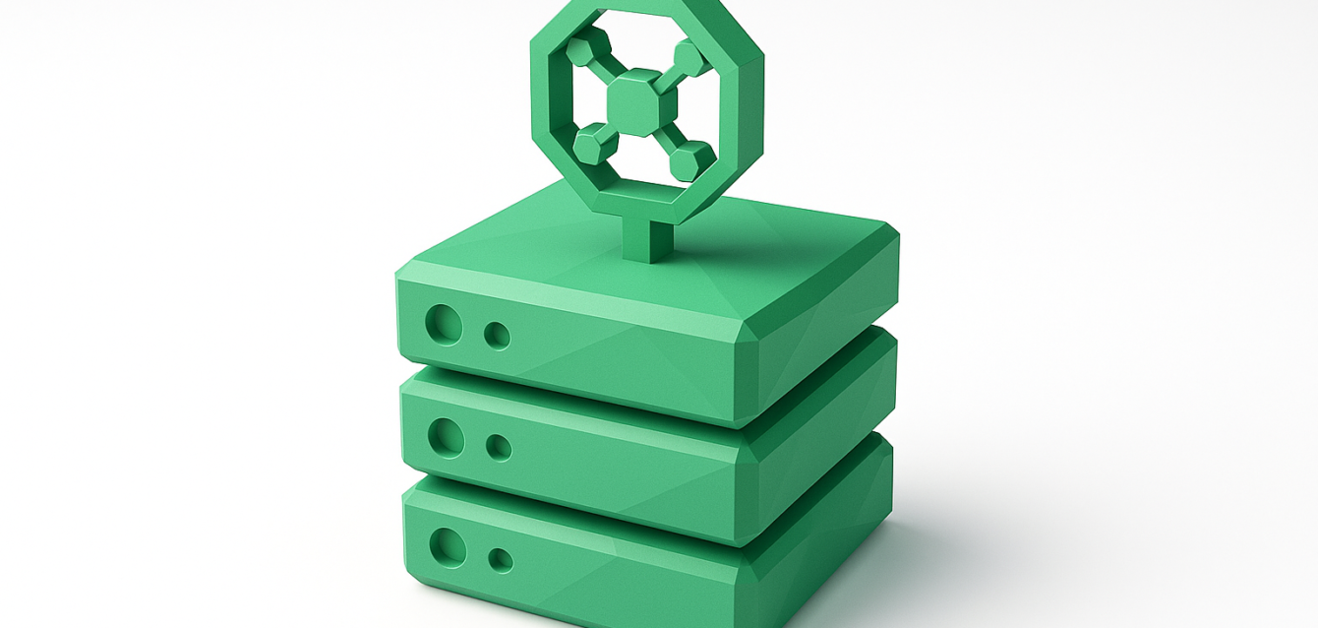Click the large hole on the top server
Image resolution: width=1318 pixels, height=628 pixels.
444,324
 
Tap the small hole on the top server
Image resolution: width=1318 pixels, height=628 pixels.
498,336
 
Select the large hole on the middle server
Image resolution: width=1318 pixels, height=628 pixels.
446,437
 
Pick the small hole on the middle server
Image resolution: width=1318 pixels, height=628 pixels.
499,448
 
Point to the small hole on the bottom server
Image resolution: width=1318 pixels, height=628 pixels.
500,560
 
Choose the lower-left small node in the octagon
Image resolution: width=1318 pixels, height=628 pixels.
590,144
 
